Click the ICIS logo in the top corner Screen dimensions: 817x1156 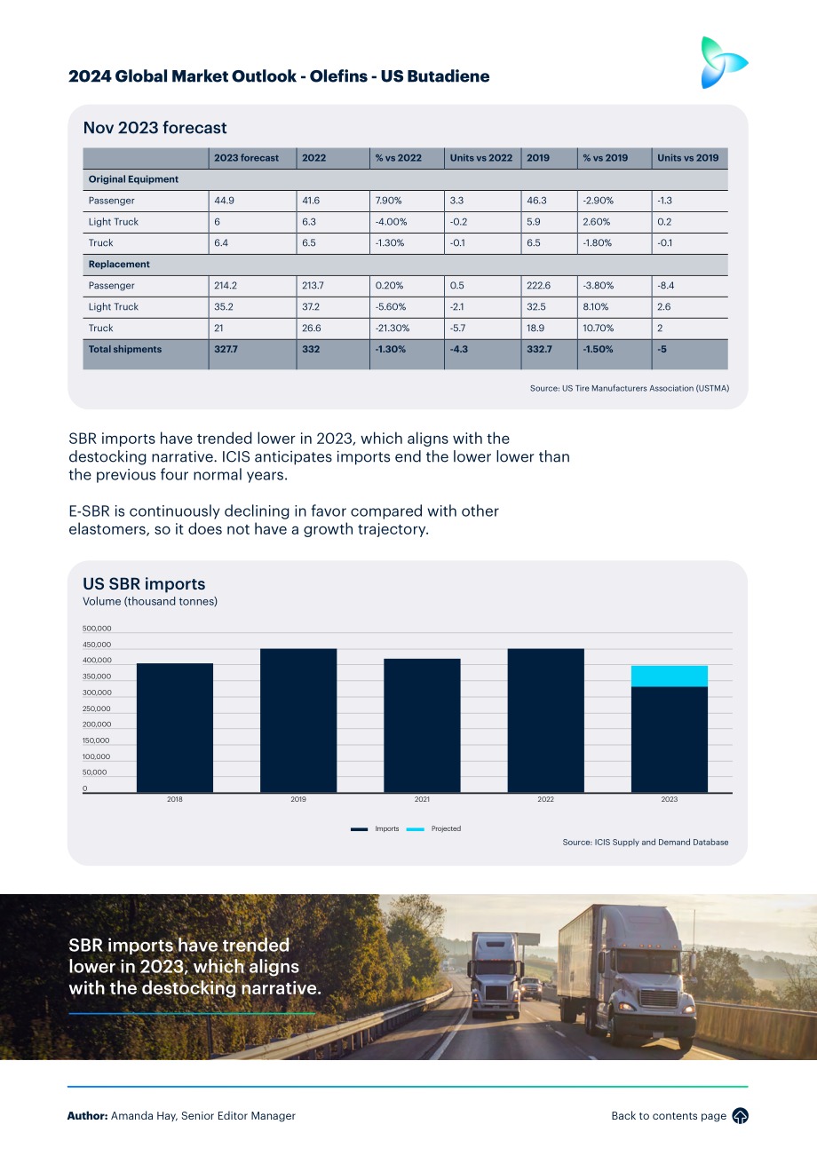click(x=724, y=62)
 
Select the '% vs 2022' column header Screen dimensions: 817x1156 click(x=398, y=158)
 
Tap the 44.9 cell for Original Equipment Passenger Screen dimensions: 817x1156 click(x=224, y=201)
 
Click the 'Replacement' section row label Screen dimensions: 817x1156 click(x=119, y=265)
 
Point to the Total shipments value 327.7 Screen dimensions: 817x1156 click(x=226, y=349)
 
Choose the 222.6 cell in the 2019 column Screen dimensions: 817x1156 click(x=538, y=285)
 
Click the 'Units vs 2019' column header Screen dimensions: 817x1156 click(x=687, y=158)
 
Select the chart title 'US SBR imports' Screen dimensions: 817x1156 click(x=144, y=583)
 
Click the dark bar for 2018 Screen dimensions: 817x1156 click(x=175, y=728)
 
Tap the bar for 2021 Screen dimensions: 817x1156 click(x=422, y=725)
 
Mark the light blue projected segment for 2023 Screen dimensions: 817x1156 click(x=670, y=676)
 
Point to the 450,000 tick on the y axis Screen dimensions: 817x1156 click(x=97, y=645)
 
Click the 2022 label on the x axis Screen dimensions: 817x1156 click(x=545, y=799)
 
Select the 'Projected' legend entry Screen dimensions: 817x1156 click(x=433, y=828)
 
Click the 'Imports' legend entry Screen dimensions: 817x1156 click(x=375, y=828)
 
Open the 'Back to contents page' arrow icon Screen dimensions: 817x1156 click(x=741, y=1116)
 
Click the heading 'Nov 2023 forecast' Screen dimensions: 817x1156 click(x=155, y=128)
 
